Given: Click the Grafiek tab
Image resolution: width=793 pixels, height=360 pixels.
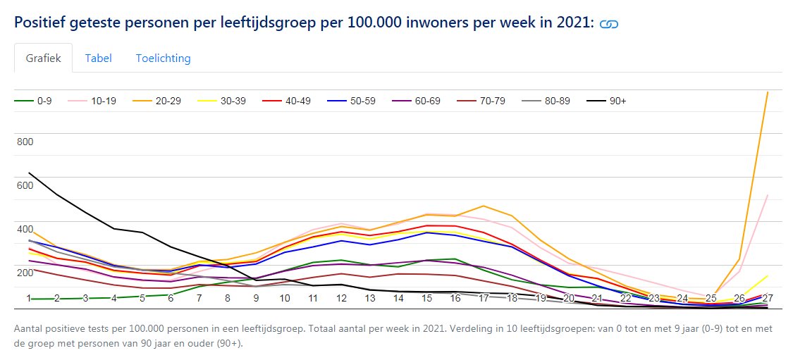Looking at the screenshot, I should [x=43, y=58].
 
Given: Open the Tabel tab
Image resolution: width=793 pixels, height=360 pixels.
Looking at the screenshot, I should [x=99, y=58].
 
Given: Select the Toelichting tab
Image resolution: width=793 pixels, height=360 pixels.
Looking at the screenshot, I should [x=164, y=58].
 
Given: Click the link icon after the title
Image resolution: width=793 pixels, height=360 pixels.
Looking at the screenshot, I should [x=608, y=24].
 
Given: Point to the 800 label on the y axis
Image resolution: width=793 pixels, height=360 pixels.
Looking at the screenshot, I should [x=25, y=142].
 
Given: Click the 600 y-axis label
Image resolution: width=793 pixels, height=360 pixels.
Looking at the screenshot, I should [x=25, y=185].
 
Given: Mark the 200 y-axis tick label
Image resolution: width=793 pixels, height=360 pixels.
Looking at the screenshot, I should [x=25, y=273].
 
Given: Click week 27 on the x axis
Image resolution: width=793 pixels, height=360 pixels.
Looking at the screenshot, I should [x=767, y=298].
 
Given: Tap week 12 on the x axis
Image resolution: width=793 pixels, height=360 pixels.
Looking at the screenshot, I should [x=341, y=298].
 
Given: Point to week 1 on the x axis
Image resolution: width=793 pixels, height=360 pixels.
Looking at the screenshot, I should [x=29, y=298].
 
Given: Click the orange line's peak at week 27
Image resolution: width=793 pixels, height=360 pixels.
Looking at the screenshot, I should [x=767, y=92].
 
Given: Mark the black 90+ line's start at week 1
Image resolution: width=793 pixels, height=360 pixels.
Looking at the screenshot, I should [x=29, y=173].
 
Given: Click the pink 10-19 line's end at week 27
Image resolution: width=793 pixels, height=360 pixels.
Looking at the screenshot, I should [x=767, y=195].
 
